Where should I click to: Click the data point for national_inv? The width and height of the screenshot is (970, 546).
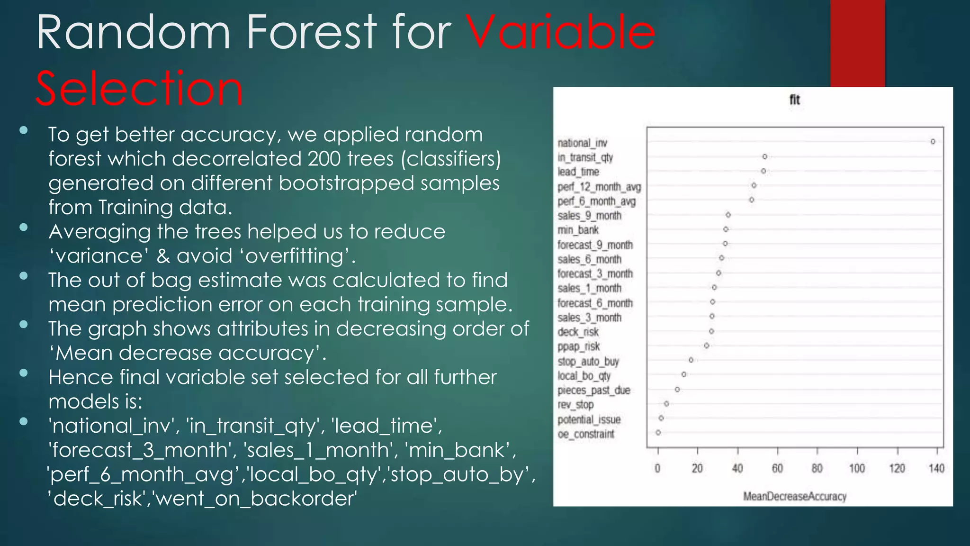click(933, 142)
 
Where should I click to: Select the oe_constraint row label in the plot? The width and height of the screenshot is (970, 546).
click(586, 434)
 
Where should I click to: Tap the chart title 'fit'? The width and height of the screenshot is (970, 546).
click(794, 100)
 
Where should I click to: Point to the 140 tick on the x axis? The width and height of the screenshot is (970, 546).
click(936, 469)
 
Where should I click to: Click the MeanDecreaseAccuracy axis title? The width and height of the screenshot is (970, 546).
click(794, 497)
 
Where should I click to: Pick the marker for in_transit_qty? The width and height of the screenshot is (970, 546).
click(764, 156)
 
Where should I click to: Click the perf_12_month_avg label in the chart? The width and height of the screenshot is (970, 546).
click(599, 187)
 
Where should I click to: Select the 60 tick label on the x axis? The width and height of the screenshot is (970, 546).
click(777, 469)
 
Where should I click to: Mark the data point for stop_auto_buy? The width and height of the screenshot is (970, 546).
click(691, 360)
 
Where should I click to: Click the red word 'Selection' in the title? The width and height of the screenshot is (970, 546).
click(139, 89)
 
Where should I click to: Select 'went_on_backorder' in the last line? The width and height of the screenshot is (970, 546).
click(256, 499)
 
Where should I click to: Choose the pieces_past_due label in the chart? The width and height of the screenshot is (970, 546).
click(594, 391)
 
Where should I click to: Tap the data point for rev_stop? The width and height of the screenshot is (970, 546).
click(666, 404)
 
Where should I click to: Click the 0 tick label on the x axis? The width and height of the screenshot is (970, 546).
click(657, 469)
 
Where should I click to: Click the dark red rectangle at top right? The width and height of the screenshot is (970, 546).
click(857, 43)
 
